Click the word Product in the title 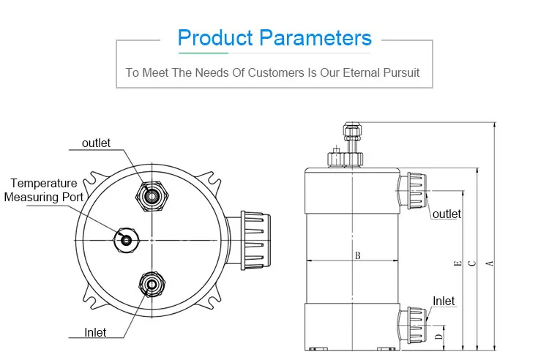(x=214, y=37)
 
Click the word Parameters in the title (x=313, y=37)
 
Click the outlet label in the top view (x=96, y=143)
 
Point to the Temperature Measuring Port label (x=44, y=190)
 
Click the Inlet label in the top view (x=95, y=332)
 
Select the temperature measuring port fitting (x=127, y=240)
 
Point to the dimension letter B (x=357, y=255)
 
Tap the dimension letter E (x=457, y=263)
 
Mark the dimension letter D (x=438, y=337)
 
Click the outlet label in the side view (x=447, y=214)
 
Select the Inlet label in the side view (x=444, y=301)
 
